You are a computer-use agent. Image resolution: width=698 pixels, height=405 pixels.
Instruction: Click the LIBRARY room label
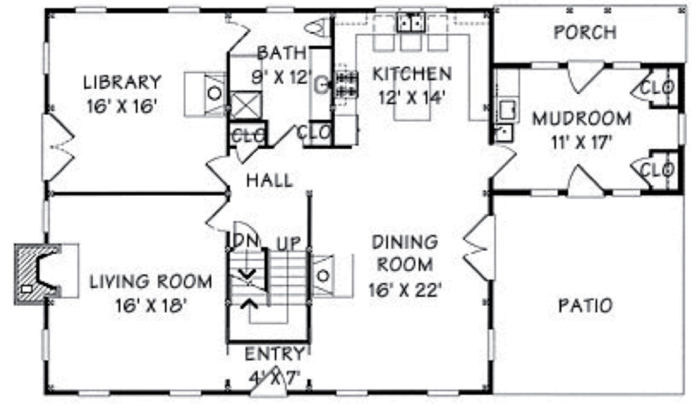[122, 82]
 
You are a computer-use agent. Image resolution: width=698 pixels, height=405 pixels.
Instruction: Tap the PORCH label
[585, 32]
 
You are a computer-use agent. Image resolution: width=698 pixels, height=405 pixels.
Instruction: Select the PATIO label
[585, 306]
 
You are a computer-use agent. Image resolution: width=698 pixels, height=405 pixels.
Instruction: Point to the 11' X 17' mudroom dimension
[582, 143]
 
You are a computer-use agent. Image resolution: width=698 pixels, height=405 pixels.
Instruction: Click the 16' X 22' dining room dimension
[404, 291]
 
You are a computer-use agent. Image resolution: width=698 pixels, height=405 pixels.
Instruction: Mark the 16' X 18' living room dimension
[151, 306]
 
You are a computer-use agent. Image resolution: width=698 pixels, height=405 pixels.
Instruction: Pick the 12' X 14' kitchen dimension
[411, 97]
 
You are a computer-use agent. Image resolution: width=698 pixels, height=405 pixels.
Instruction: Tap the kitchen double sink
[411, 22]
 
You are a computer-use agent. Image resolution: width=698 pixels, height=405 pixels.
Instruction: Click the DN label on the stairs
[246, 241]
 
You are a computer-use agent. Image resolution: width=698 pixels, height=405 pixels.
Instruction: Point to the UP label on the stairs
[289, 244]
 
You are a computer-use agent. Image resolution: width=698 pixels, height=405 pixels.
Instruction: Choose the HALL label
[270, 180]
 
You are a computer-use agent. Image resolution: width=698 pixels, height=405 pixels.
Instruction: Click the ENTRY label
[275, 354]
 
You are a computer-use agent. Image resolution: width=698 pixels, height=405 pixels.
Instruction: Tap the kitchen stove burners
[346, 84]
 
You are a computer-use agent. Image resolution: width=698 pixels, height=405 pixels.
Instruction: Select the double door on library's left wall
[57, 147]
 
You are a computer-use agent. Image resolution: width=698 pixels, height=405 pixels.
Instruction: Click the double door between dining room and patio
[479, 247]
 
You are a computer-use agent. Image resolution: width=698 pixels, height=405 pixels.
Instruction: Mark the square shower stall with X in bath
[246, 105]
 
